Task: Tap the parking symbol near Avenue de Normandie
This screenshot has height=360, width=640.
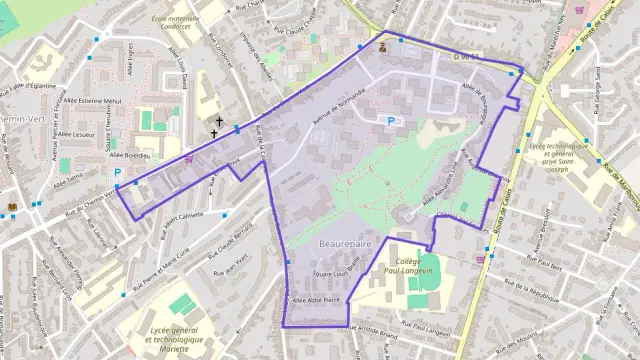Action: [391, 121]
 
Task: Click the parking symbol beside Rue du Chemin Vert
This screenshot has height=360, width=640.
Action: [117, 172]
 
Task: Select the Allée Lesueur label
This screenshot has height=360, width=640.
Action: [77, 134]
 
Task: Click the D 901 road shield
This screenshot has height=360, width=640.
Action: [462, 57]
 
